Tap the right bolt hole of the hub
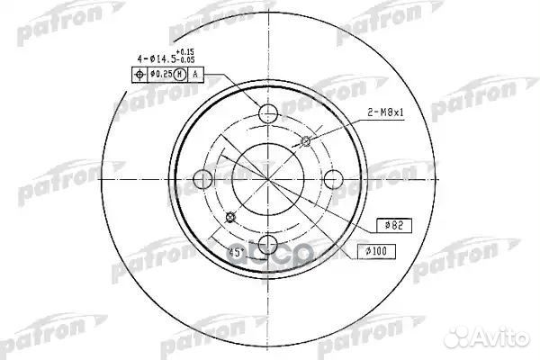(x=334, y=179)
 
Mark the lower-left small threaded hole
(x=232, y=216)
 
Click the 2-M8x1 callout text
(x=384, y=112)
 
